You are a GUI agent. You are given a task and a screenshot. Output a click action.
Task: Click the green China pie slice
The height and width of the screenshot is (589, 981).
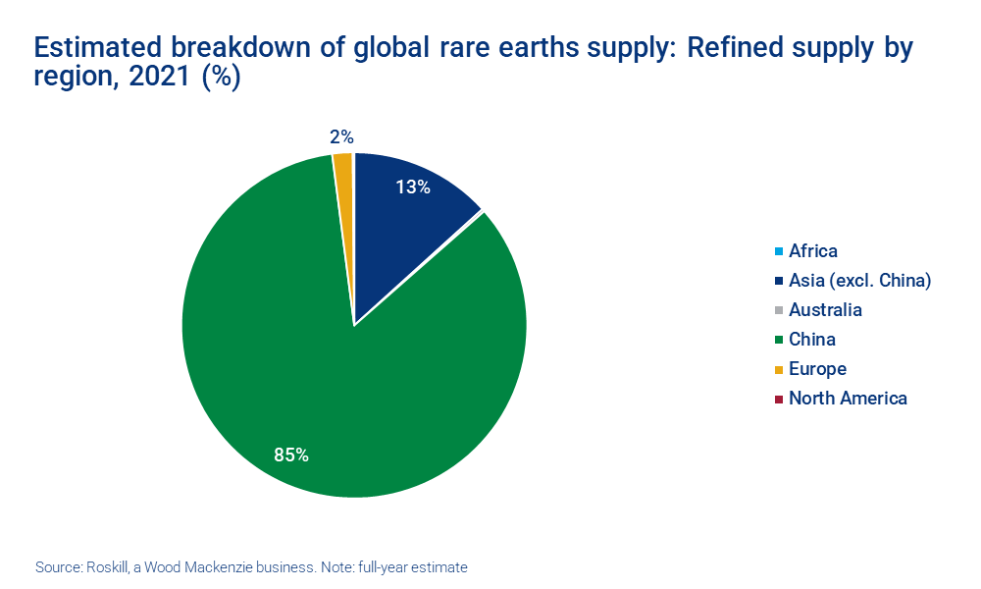click(x=324, y=393)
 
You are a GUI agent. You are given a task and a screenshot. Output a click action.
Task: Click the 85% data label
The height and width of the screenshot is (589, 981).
click(x=291, y=455)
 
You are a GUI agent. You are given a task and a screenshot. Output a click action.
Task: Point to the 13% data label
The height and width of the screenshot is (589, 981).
click(x=413, y=187)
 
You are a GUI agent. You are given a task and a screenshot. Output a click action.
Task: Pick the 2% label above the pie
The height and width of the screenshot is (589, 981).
click(x=341, y=137)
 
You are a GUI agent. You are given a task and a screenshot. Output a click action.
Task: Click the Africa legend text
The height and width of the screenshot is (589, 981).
click(x=813, y=251)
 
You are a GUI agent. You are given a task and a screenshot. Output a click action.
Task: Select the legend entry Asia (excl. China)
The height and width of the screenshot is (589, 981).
click(x=859, y=281)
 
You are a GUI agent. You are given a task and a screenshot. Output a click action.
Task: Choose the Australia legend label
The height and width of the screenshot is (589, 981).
click(x=825, y=310)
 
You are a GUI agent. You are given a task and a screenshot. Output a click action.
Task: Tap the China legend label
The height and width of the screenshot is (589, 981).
click(x=812, y=340)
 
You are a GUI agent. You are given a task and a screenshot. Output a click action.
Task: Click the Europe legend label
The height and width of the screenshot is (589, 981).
click(x=817, y=369)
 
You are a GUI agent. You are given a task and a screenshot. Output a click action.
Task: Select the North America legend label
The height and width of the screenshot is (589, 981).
click(x=848, y=399)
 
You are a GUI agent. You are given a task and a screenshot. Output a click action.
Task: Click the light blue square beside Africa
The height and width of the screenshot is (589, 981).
click(x=778, y=252)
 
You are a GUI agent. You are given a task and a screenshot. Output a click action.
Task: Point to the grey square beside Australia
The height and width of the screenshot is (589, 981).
click(x=778, y=311)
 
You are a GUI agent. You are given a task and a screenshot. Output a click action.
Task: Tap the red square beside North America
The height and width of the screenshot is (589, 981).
click(x=778, y=400)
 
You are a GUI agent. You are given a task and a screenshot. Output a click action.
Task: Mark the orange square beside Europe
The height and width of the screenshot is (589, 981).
click(x=778, y=370)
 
